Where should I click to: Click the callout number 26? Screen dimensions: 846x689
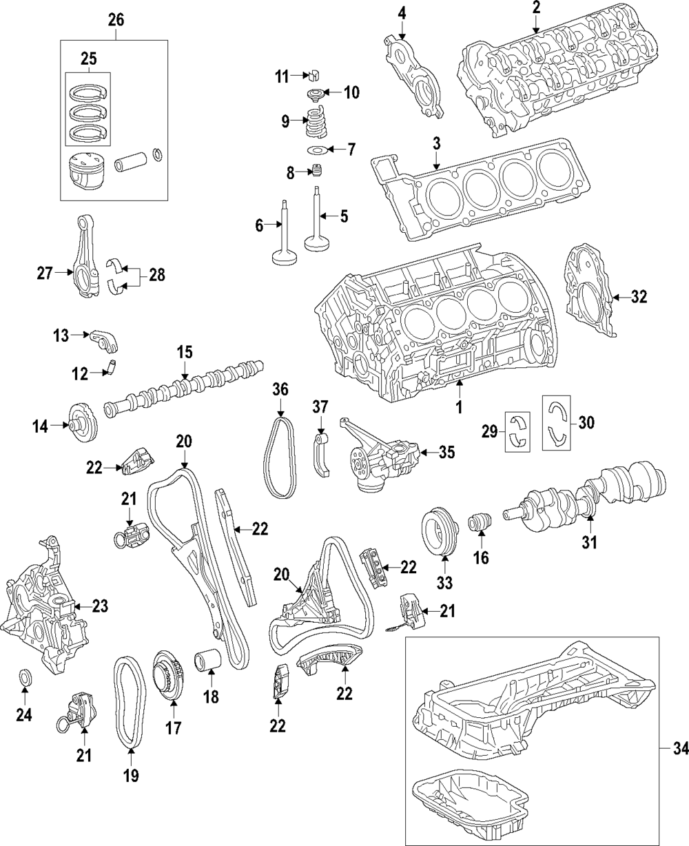[x=115, y=20]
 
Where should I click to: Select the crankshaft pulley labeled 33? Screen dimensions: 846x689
[x=439, y=532]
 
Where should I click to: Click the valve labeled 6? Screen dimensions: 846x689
[x=283, y=234]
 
